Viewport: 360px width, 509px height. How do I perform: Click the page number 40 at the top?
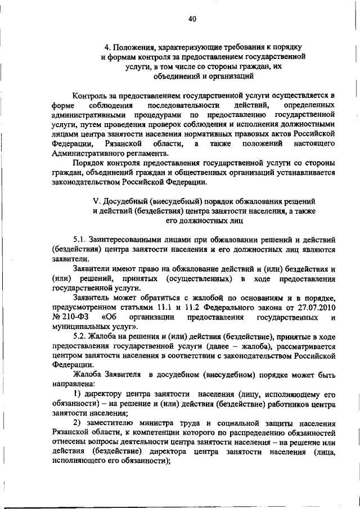(191, 19)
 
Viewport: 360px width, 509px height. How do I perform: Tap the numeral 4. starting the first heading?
(107, 47)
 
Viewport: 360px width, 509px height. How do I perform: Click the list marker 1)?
(77, 395)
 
